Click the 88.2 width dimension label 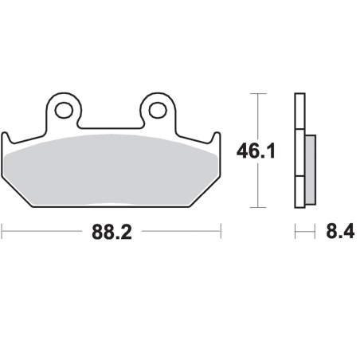point(112,233)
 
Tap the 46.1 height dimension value point(256,151)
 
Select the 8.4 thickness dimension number point(340,231)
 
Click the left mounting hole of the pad point(64,110)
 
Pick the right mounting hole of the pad point(158,110)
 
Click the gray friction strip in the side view point(311,170)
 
